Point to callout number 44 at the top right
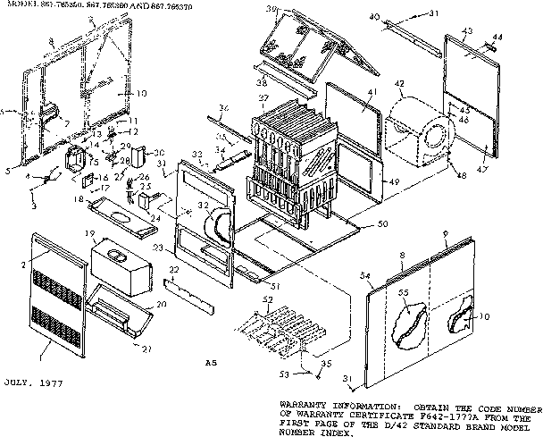497,35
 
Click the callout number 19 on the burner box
91,234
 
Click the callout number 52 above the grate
267,298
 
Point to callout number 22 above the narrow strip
175,270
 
